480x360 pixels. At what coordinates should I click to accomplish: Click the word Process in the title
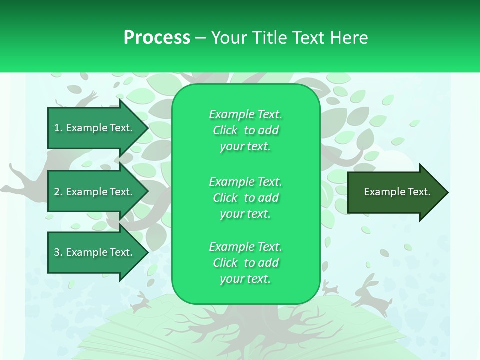(x=157, y=38)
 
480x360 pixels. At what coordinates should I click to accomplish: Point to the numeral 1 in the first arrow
(x=56, y=128)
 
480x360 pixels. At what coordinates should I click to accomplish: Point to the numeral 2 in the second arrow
(x=57, y=192)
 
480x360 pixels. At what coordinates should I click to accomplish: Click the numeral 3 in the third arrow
(x=57, y=252)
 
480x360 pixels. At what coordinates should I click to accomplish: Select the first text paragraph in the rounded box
(x=245, y=130)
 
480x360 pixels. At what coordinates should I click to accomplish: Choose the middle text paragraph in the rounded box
(x=245, y=198)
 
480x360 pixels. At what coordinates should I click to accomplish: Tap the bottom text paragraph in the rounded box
(x=245, y=263)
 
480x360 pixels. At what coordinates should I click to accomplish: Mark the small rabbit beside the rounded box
(x=330, y=288)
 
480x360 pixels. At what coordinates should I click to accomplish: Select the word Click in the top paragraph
(x=225, y=130)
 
